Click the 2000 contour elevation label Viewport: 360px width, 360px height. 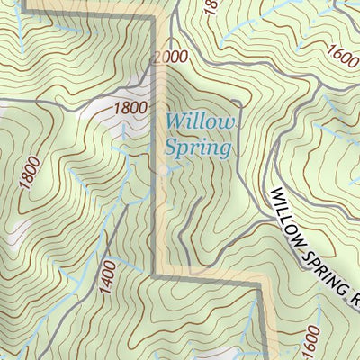170,58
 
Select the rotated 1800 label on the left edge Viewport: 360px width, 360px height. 28,175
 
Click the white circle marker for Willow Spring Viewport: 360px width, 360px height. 163,168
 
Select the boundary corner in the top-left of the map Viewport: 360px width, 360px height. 24,12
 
